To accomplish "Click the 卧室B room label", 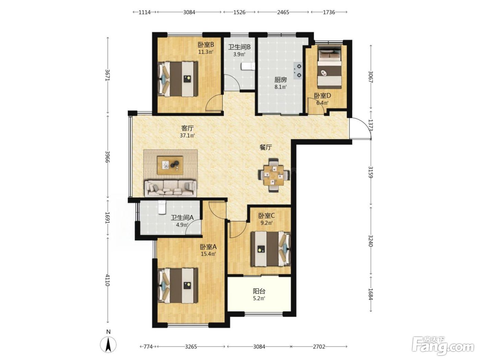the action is coord(206,45).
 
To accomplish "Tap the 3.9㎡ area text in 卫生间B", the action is coord(239,54).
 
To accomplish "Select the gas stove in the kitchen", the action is coord(298,70).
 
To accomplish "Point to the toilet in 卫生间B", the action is coord(248,67).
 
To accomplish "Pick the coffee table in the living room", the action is coord(170,165).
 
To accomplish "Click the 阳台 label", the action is coord(259,291).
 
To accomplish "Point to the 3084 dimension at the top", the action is coord(189,12).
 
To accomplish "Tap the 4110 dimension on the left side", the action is coord(107,280).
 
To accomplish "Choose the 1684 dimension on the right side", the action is coord(370,294).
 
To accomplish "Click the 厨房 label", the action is coord(280,80).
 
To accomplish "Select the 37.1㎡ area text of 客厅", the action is coord(187,135).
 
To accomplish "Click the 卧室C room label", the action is coord(266,216).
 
